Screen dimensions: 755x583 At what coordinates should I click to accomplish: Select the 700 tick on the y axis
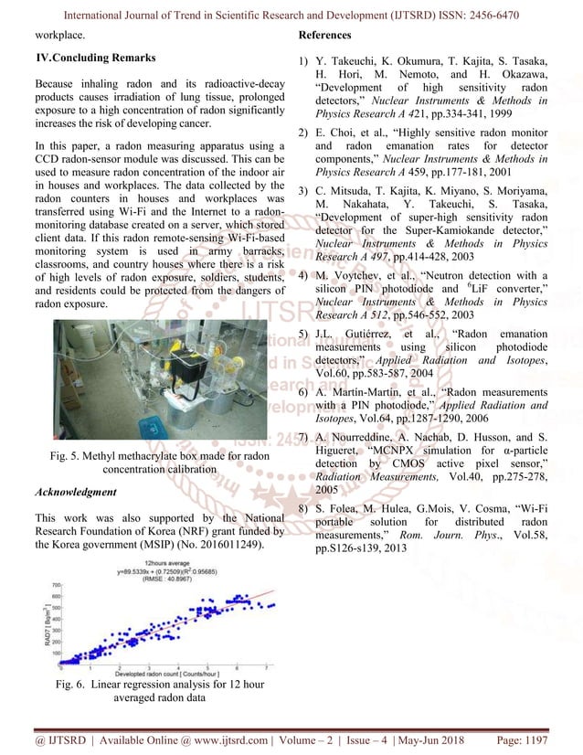pyautogui.click(x=55, y=584)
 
